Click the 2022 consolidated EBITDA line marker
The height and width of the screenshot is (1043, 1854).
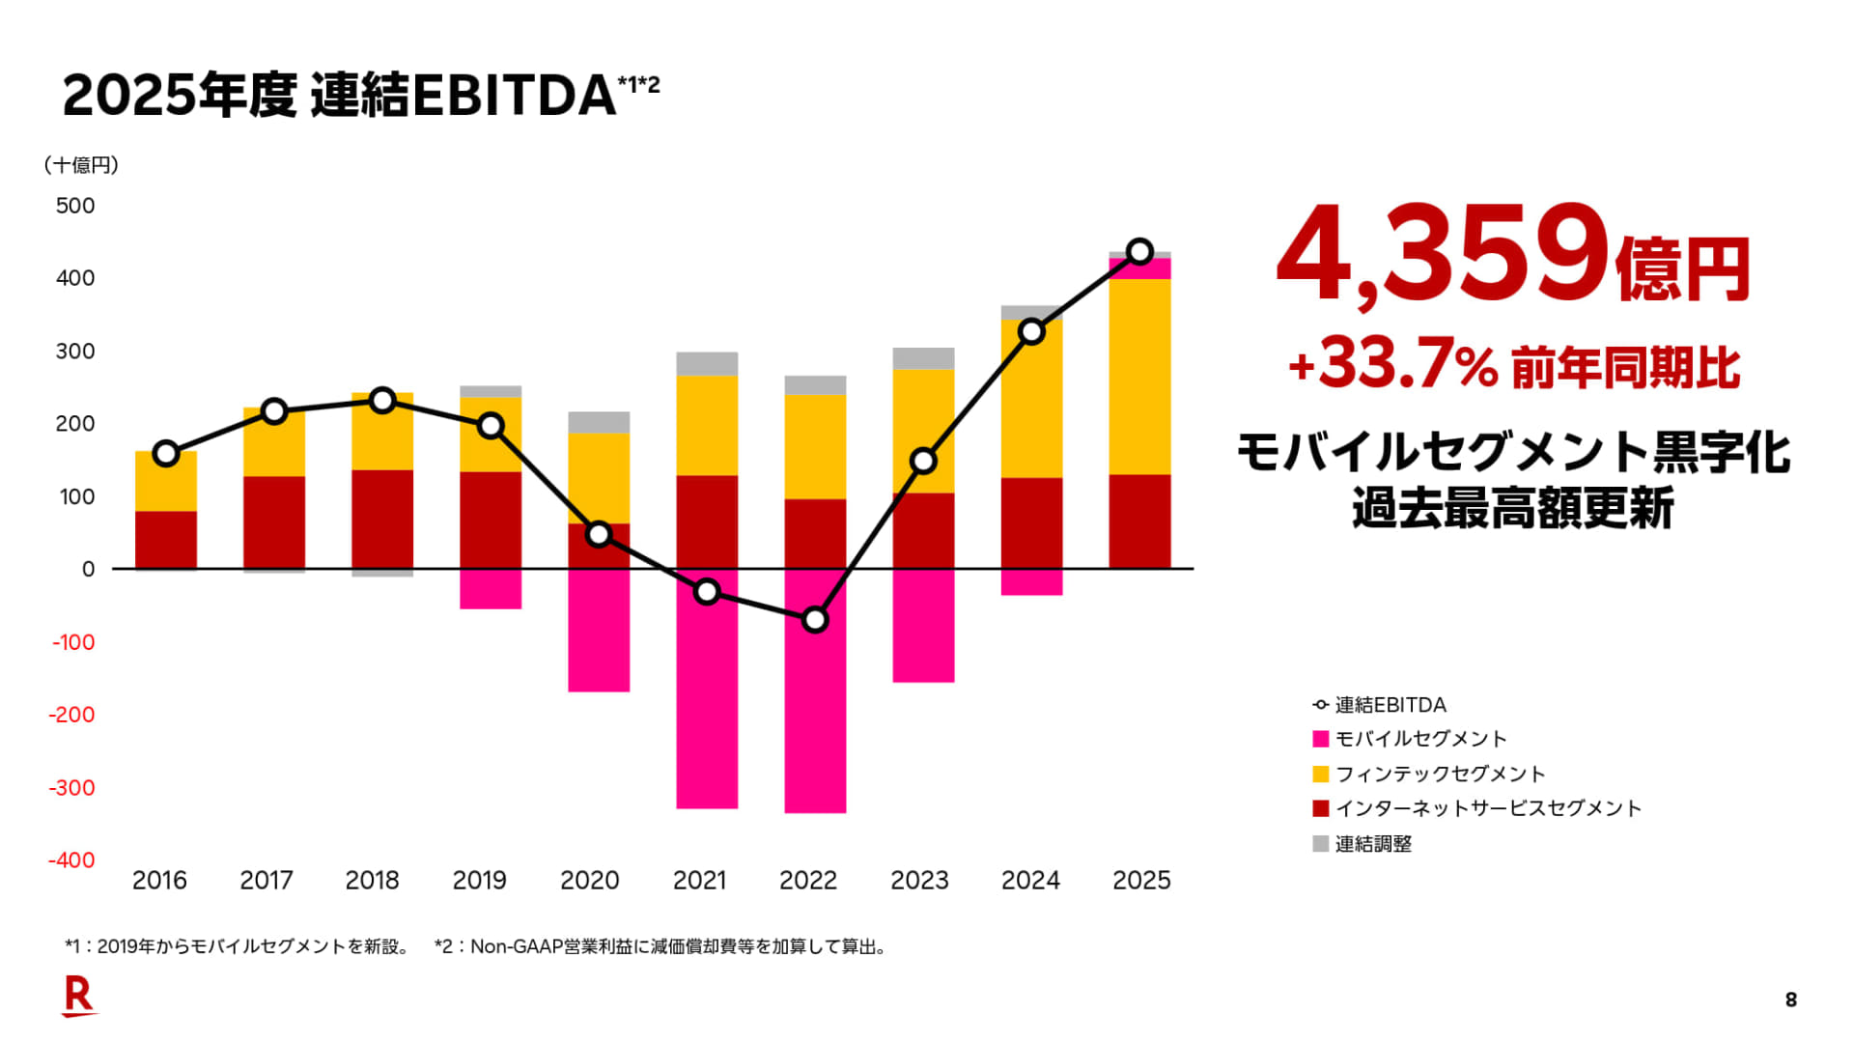click(x=815, y=620)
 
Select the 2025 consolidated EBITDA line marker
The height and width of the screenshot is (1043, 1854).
click(x=1139, y=252)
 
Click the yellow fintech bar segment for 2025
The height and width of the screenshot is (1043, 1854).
click(x=1139, y=377)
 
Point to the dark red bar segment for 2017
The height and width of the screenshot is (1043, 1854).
click(x=274, y=522)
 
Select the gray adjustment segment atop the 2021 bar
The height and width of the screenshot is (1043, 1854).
click(x=707, y=364)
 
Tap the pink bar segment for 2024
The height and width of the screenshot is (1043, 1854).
click(x=1031, y=582)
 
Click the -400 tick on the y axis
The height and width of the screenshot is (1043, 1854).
click(x=71, y=860)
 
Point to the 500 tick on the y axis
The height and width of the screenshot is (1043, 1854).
click(x=75, y=206)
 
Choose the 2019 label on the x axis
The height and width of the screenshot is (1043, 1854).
click(x=479, y=881)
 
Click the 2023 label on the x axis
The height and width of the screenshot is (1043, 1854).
click(x=919, y=881)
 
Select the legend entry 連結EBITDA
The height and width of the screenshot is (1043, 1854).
click(x=1390, y=705)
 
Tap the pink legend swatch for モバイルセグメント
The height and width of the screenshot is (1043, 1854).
click(x=1321, y=740)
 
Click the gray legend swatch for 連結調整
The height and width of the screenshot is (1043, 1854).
click(x=1321, y=844)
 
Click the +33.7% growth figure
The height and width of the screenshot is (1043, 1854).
click(x=1392, y=366)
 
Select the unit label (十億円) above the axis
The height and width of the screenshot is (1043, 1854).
click(x=81, y=165)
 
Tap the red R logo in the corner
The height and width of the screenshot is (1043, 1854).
click(x=78, y=996)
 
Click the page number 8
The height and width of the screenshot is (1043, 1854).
click(x=1791, y=1001)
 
